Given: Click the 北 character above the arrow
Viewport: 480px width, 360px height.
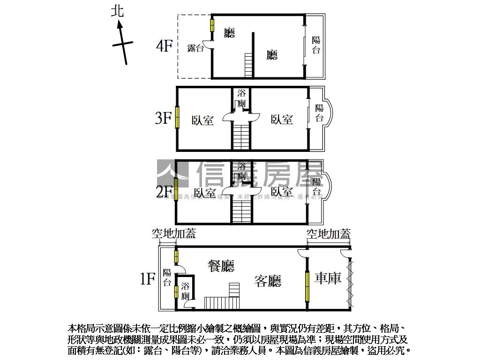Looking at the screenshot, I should coord(118,11).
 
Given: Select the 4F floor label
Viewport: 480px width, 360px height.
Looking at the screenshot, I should coord(165,46).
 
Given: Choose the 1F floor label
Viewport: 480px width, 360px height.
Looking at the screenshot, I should coord(147,279).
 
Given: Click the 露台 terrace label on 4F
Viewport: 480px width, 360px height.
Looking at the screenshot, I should coord(195,48).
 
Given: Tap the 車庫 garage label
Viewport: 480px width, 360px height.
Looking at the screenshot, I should coord(328,278).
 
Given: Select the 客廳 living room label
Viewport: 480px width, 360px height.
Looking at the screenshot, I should coord(268,281).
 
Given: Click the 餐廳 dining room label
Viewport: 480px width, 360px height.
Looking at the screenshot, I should coord(221,266).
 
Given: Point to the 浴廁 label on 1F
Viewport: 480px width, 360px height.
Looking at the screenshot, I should coord(186,291).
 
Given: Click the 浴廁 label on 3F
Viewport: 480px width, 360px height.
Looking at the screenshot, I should coord(241,98).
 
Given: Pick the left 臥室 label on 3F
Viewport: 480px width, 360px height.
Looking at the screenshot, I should coord(203,120).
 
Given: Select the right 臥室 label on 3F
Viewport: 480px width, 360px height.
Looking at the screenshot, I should coord(282,120).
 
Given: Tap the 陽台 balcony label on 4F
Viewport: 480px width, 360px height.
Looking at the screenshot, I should coord(316,45).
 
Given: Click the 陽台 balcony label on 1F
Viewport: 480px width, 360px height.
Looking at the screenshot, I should coord(167,277).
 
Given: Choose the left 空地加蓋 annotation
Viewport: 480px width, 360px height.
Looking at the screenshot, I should coord(173,233).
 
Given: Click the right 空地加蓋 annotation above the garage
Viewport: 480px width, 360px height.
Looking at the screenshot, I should coord(329,233).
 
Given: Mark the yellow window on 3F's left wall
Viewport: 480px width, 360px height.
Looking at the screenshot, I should coord(178,118).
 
